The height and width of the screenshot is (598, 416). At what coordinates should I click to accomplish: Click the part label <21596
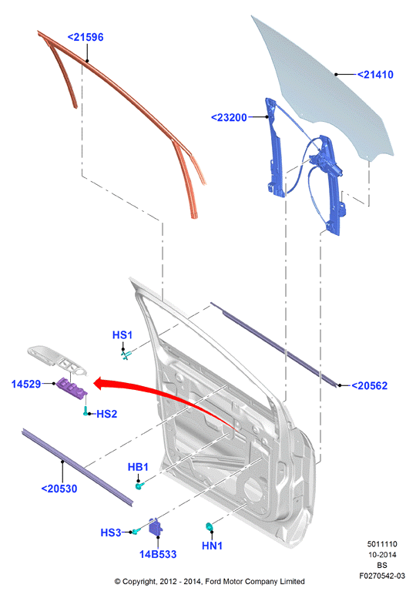pyautogui.click(x=86, y=37)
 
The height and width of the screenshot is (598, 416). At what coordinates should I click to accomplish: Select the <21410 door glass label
pyautogui.click(x=375, y=75)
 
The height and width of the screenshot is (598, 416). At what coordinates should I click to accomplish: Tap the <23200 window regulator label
pyautogui.click(x=229, y=117)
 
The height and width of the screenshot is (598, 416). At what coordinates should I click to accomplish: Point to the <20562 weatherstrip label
pyautogui.click(x=369, y=385)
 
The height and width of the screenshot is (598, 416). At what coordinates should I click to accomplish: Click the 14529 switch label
pyautogui.click(x=26, y=384)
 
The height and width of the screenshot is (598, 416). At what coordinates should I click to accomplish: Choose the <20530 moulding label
pyautogui.click(x=59, y=489)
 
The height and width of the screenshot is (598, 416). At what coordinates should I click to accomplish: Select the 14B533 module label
pyautogui.click(x=158, y=554)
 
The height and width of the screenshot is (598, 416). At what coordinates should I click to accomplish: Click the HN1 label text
pyautogui.click(x=212, y=546)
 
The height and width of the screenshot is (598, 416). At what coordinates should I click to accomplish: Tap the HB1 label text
pyautogui.click(x=138, y=467)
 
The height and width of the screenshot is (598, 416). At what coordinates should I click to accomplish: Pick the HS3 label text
pyautogui.click(x=111, y=532)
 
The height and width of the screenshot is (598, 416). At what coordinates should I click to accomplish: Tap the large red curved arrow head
pyautogui.click(x=101, y=383)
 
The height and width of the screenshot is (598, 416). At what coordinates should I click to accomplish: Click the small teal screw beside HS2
pyautogui.click(x=86, y=412)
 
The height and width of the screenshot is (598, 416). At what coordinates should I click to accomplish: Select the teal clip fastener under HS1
pyautogui.click(x=126, y=355)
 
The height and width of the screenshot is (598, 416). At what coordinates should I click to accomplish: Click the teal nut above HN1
pyautogui.click(x=209, y=526)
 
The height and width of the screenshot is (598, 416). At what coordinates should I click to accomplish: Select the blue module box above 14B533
pyautogui.click(x=155, y=526)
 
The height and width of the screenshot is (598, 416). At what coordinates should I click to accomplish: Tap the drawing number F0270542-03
pyautogui.click(x=382, y=576)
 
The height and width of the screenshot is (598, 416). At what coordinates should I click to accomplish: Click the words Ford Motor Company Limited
pyautogui.click(x=255, y=582)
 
